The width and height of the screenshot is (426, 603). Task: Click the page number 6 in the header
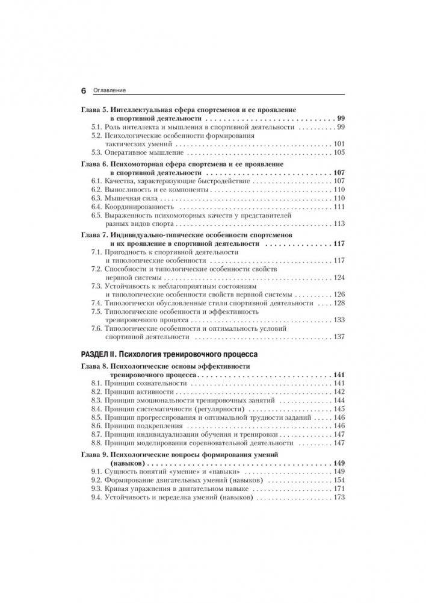pos(84,90)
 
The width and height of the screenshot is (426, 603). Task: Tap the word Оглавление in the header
pos(109,90)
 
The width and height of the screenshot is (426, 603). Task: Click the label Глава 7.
pos(95,235)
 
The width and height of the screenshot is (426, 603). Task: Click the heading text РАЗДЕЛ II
pos(103,354)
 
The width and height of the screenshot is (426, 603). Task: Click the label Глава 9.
pos(95,455)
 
